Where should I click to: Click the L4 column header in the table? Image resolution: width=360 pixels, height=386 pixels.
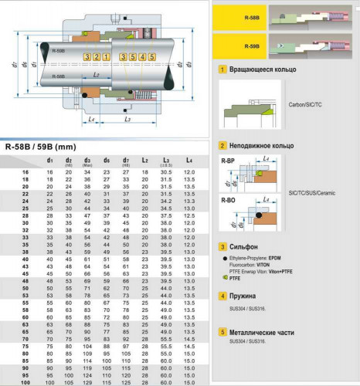(189, 160)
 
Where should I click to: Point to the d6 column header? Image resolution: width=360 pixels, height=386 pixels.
(107, 160)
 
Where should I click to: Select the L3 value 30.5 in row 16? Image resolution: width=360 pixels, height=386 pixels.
(165, 171)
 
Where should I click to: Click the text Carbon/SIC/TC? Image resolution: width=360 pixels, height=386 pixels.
(306, 103)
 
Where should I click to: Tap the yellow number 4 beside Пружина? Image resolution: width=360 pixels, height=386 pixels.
(222, 296)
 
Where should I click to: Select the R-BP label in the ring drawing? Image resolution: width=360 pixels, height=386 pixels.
(228, 161)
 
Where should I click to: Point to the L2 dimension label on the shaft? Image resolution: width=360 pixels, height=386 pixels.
(94, 74)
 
